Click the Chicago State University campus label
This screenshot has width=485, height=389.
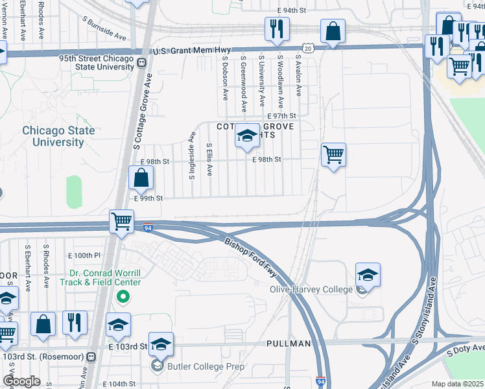pyautogui.click(x=58, y=136)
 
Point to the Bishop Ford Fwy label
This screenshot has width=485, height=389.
pyautogui.click(x=255, y=257)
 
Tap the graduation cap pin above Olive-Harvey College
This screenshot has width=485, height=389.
pyautogui.click(x=368, y=275)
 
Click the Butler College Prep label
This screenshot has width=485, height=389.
pyautogui.click(x=206, y=366)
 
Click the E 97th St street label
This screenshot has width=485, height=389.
pyautogui.click(x=281, y=115)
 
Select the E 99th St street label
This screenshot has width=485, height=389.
pyautogui.click(x=147, y=198)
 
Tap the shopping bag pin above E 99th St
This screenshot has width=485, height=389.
pyautogui.click(x=141, y=178)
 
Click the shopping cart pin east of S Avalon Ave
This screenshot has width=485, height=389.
pyautogui.click(x=333, y=155)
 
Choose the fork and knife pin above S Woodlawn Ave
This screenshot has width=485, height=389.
pyautogui.click(x=276, y=29)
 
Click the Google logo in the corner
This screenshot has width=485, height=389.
pyautogui.click(x=21, y=381)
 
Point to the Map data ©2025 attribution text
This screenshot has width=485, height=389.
pyautogui.click(x=457, y=384)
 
